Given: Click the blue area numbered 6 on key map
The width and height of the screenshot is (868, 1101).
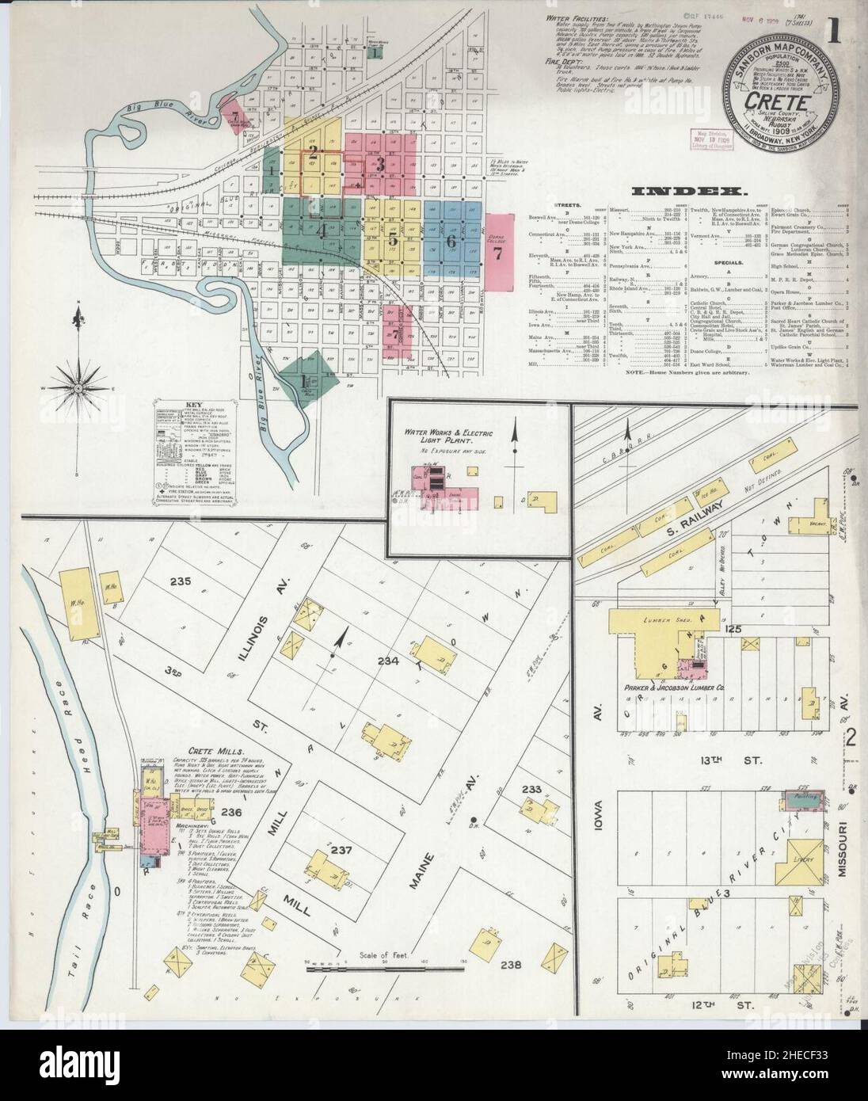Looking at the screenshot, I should click(x=451, y=241).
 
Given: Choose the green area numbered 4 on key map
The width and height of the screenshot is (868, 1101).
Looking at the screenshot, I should click(x=322, y=232).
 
